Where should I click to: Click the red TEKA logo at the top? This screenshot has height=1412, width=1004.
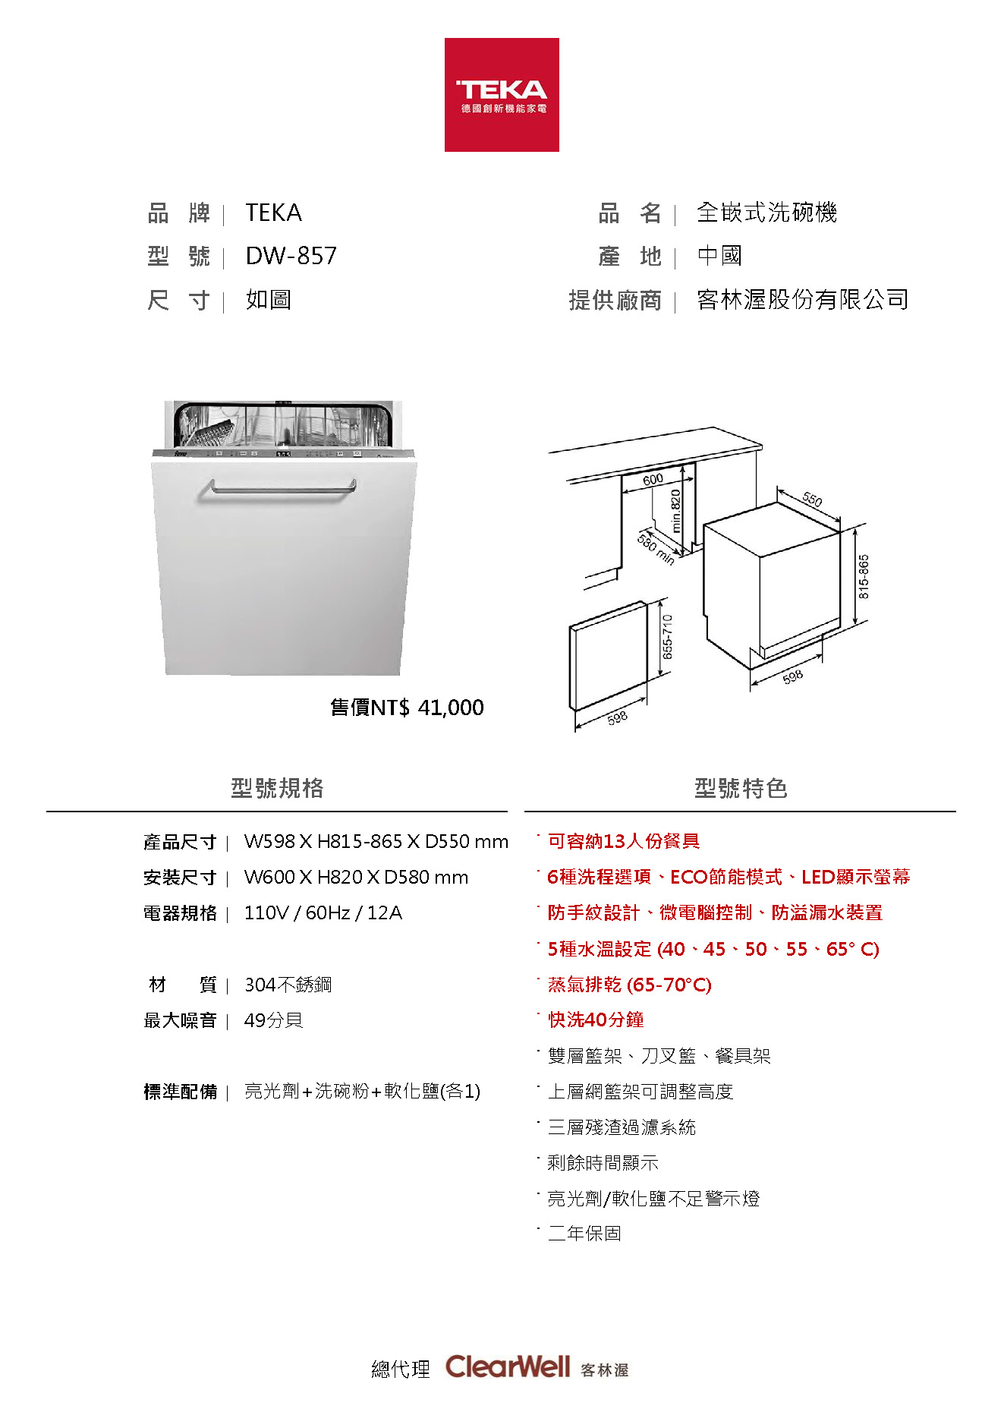(x=502, y=95)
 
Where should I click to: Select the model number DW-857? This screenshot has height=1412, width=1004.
(x=291, y=257)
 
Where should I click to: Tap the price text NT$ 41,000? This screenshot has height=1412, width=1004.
(x=408, y=708)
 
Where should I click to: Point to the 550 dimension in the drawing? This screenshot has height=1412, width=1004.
(x=812, y=500)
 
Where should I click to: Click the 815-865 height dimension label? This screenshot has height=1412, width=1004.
(x=864, y=577)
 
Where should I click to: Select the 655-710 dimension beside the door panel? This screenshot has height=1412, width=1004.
(x=667, y=636)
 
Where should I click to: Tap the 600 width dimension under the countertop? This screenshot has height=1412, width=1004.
(x=653, y=480)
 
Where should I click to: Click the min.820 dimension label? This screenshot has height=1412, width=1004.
(x=675, y=510)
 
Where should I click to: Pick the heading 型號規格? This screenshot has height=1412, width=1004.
(x=277, y=788)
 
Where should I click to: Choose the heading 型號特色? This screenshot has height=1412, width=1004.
(x=741, y=788)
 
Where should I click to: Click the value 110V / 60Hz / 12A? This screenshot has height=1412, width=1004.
(x=323, y=912)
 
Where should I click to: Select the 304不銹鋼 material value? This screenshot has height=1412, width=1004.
(x=288, y=985)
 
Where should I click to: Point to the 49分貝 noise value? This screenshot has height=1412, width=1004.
(x=273, y=1020)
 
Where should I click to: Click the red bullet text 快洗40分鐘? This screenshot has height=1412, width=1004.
(x=596, y=1020)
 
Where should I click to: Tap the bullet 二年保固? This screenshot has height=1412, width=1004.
(x=584, y=1234)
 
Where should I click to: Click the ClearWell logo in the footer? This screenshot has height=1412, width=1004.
(x=507, y=1367)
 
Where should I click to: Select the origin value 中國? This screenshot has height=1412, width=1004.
(x=719, y=256)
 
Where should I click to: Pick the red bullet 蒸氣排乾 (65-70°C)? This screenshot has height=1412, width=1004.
(x=629, y=985)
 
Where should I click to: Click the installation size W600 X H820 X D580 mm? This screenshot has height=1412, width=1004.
(x=356, y=877)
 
